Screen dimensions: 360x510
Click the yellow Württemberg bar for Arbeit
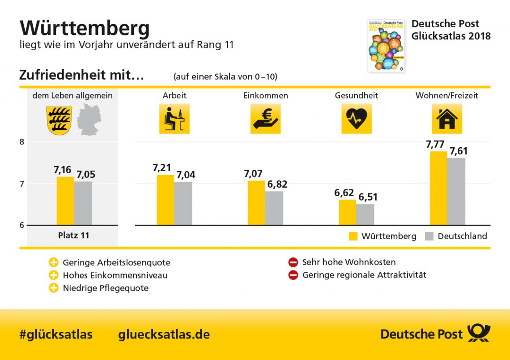click(x=165, y=200)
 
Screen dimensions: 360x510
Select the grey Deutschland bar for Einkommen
click(x=274, y=208)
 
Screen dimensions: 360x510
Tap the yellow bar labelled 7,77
click(x=438, y=188)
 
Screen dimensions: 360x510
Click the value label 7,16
click(x=63, y=170)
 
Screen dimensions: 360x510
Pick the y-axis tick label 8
click(x=21, y=142)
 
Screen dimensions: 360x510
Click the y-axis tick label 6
click(x=21, y=225)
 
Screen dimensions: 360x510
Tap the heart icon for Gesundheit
click(x=357, y=119)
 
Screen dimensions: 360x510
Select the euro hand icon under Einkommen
click(x=265, y=119)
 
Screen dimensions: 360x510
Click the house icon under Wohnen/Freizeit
click(x=446, y=119)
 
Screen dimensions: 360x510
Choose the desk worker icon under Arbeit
click(x=174, y=119)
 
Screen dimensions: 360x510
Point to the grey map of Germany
click(x=89, y=120)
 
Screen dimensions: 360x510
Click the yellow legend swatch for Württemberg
click(x=353, y=236)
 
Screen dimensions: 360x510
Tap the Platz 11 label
click(x=74, y=236)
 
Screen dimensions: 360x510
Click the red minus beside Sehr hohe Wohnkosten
click(x=293, y=262)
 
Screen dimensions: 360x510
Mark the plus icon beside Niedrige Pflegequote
click(x=54, y=288)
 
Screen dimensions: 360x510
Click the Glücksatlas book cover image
click(x=386, y=45)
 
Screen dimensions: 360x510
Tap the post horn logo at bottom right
click(x=479, y=334)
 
